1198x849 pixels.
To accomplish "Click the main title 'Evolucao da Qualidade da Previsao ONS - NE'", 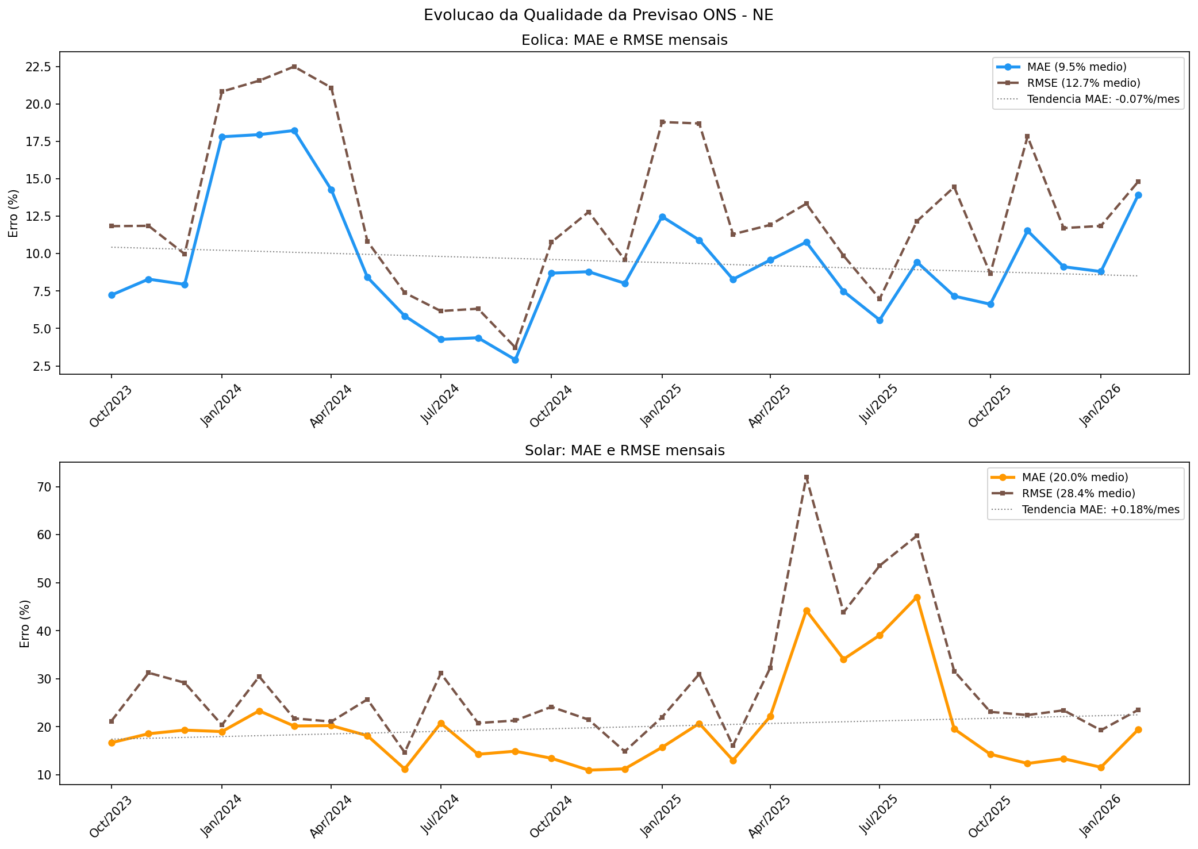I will pos(598,16).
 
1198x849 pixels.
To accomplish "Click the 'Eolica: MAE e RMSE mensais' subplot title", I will pos(624,40).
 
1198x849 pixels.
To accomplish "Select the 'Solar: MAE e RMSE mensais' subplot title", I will pos(624,451).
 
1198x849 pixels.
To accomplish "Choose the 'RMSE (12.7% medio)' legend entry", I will pos(1084,83).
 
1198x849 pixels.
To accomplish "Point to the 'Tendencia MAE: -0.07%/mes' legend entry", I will pos(1103,99).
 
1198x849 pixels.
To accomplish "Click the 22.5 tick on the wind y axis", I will pos(39,67).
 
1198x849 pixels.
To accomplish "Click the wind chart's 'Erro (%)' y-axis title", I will pos(13,213).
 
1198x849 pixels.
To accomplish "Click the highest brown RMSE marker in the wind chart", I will pos(294,67).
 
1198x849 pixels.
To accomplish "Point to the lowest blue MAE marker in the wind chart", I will pos(515,360).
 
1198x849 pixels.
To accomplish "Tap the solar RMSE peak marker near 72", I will pos(807,478).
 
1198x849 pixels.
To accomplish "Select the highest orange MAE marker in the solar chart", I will pos(917,597).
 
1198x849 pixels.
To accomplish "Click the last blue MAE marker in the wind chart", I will pos(1138,195).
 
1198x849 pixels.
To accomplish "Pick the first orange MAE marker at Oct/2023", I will pos(112,743).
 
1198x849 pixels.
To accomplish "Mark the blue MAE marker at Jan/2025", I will pos(662,217).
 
